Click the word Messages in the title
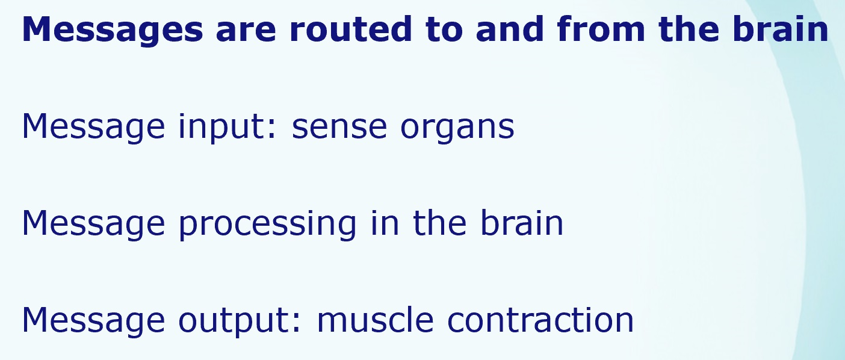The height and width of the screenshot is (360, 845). coord(113,30)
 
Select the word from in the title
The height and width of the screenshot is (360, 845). coord(601,29)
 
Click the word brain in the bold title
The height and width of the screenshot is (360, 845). coord(780,29)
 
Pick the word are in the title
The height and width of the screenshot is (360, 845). coord(246,33)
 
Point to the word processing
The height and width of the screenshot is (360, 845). coord(267,225)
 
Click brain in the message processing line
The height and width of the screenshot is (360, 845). coord(522,223)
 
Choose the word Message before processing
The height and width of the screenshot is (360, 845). coord(93,225)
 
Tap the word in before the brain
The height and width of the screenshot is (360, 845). coord(385,223)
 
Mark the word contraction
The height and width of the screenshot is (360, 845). coord(540,320)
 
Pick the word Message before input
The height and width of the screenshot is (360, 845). coord(93,128)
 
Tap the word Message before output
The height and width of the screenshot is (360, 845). coord(93,321)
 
